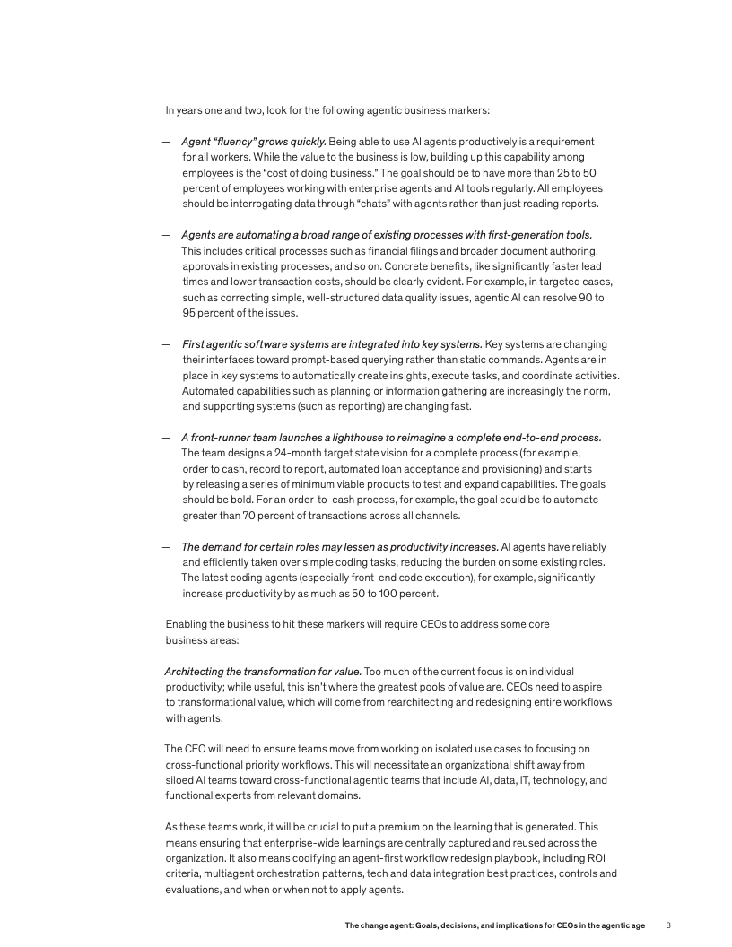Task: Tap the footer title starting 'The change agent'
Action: point(494,925)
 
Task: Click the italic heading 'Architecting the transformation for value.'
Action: point(263,672)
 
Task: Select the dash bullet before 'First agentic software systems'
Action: point(167,344)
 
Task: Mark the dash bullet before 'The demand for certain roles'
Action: point(167,547)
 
